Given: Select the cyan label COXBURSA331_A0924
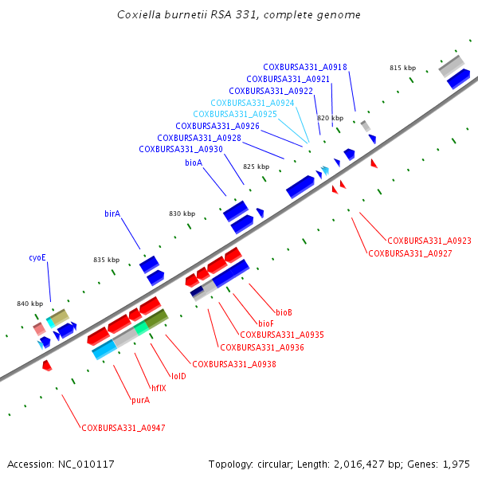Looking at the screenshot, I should point(253,103).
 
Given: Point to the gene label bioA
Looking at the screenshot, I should point(194,163).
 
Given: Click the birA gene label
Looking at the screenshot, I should point(112,214).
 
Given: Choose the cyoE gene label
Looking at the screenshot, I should point(37,257).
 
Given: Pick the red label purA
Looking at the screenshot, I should point(140,400).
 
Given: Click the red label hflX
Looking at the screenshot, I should point(159,388).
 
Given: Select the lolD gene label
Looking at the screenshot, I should point(178,376).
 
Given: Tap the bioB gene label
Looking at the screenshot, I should point(284,311).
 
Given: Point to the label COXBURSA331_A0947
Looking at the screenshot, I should point(123,428).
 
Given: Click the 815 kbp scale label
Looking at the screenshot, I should point(402,69).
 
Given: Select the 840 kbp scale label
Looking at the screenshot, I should point(30,304).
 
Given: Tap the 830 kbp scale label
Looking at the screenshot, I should point(182,214).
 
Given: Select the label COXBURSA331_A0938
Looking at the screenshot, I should point(235,364).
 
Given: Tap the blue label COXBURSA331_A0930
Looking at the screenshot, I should point(181,149).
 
